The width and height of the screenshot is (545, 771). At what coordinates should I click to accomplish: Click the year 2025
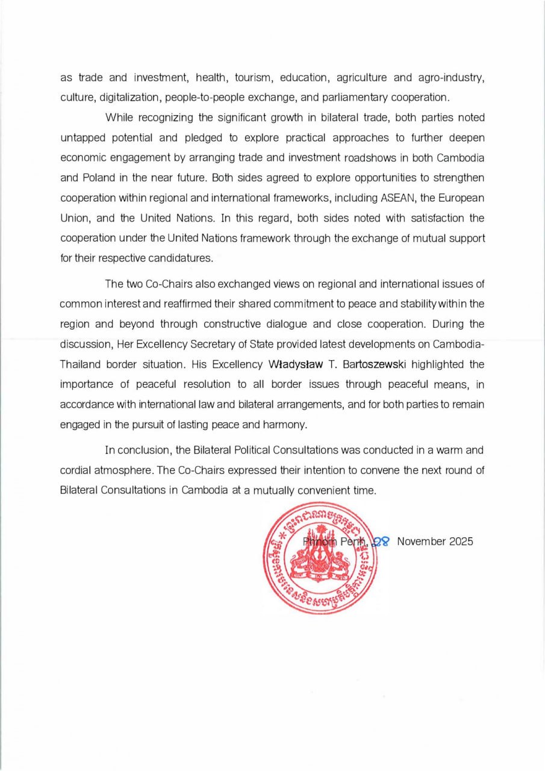coord(462,541)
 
